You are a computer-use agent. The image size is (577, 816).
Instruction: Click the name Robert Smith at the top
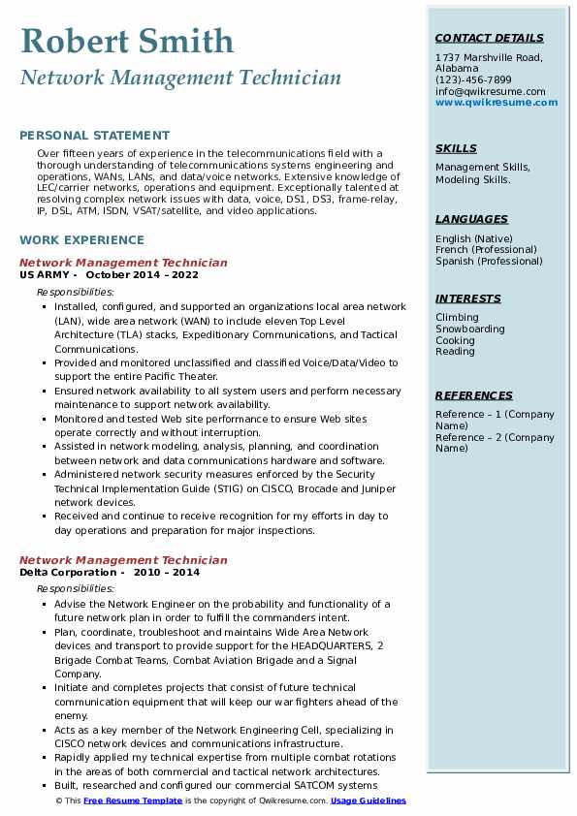127,42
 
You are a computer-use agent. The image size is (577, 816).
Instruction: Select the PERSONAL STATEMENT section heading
94,137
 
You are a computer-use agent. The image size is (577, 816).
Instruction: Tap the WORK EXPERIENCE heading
81,240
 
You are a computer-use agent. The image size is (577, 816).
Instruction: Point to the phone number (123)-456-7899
473,80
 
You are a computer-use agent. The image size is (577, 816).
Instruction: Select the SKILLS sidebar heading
456,148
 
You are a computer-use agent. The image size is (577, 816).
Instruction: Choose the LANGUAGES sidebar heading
471,220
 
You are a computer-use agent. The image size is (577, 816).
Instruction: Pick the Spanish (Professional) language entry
489,261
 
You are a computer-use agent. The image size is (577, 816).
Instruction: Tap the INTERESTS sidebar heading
468,298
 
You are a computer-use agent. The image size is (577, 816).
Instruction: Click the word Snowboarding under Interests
470,329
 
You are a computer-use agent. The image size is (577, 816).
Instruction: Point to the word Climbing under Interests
457,317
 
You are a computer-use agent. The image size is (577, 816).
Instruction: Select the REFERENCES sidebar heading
474,395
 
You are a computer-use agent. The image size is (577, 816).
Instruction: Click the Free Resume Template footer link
132,800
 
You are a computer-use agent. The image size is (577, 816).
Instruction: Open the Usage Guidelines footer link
369,800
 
